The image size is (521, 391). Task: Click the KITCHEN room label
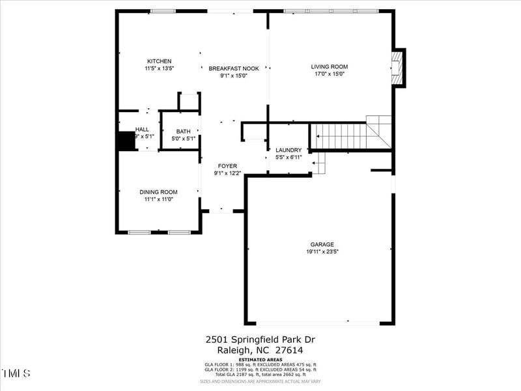[159, 61]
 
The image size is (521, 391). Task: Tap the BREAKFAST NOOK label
[234, 68]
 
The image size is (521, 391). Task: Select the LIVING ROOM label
[329, 66]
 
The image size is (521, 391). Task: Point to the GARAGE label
[322, 245]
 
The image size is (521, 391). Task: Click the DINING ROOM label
[158, 192]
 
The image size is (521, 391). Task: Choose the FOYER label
[227, 166]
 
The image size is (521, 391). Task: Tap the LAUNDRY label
[289, 150]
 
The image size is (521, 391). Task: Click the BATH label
[183, 132]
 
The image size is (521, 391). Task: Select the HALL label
[142, 130]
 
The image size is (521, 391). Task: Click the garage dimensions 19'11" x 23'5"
[322, 252]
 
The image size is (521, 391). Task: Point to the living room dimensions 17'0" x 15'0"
[329, 74]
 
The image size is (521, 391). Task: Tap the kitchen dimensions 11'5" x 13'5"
[159, 68]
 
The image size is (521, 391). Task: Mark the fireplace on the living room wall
[398, 67]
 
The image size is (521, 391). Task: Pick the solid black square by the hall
[125, 141]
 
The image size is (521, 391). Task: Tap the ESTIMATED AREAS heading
[260, 360]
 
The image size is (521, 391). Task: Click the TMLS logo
[16, 373]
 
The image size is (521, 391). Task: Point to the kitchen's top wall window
[163, 11]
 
